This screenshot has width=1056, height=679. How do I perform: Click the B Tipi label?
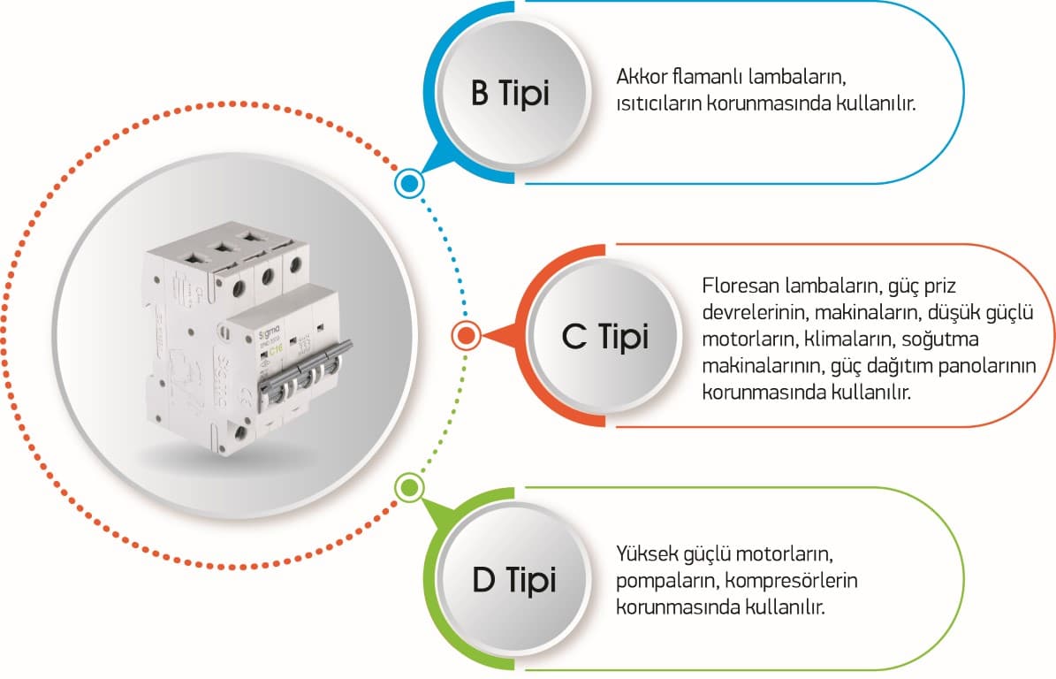coord(510,93)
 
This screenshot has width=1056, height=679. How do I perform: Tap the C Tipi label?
coord(604,336)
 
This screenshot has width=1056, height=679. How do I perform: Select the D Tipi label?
coord(513,579)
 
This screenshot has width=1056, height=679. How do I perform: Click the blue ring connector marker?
coord(409,182)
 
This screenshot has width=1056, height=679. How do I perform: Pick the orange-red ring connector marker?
coord(466,335)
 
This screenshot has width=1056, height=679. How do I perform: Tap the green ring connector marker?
coord(409,488)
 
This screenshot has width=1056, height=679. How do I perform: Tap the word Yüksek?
coord(647,553)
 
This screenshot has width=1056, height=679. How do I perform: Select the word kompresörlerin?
coord(791,580)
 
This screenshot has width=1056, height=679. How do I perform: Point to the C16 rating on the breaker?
coord(276,350)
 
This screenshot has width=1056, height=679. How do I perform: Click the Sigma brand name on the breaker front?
coord(270,331)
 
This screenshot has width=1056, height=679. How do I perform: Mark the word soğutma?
coord(940,339)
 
